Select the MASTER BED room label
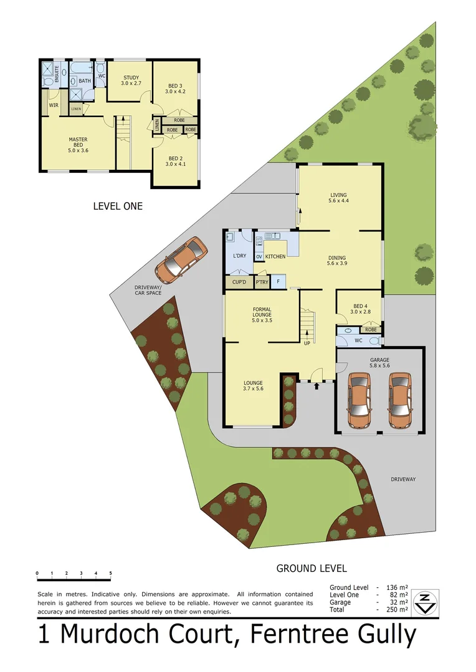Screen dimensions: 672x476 pyautogui.click(x=78, y=144)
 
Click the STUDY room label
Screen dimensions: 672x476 pyautogui.click(x=131, y=80)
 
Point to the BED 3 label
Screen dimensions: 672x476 pyautogui.click(x=175, y=88)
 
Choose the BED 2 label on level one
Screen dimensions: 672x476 pyautogui.click(x=175, y=161)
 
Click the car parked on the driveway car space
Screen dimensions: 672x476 pyautogui.click(x=181, y=258)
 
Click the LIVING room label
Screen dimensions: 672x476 pyautogui.click(x=338, y=198)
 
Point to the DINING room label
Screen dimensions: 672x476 pyautogui.click(x=336, y=260)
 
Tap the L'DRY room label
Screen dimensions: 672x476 pyautogui.click(x=239, y=256)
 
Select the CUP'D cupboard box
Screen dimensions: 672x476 pyautogui.click(x=239, y=283)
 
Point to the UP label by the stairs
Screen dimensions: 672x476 pyautogui.click(x=307, y=343)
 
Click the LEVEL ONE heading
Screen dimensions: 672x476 pyautogui.click(x=118, y=206)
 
